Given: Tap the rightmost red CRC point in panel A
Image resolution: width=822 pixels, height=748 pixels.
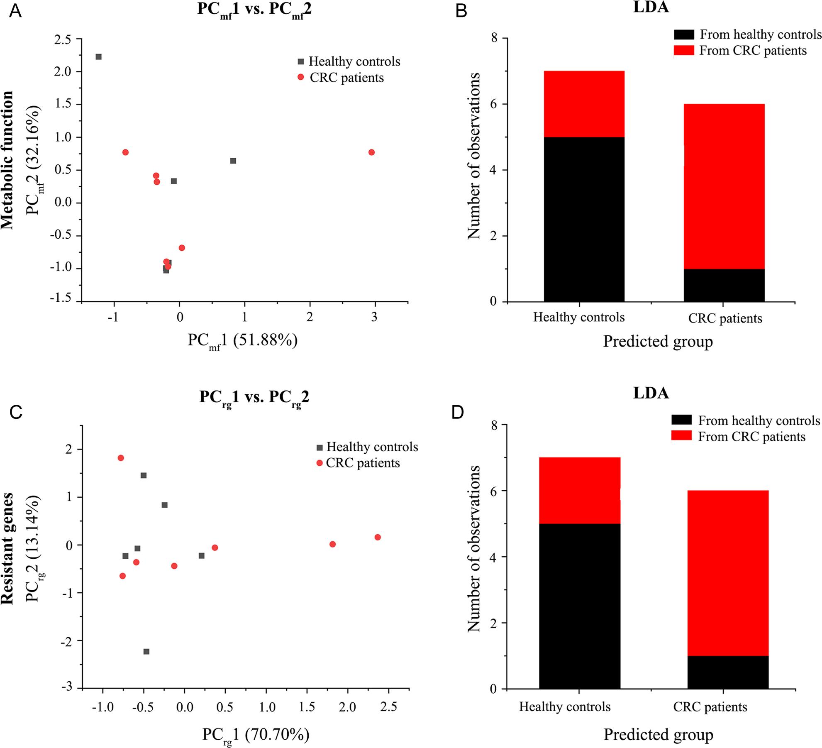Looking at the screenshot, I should click(x=371, y=152).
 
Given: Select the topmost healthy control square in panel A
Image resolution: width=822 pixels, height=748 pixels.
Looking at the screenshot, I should click(x=98, y=57).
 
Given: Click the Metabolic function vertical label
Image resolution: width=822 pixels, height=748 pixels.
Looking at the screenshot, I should click(x=7, y=160).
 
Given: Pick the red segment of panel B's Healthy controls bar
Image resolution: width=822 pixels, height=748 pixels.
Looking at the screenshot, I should click(x=584, y=104).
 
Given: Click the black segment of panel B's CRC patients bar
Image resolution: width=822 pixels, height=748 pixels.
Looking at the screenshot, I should click(x=724, y=285).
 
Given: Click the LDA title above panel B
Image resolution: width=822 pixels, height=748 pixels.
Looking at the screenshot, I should click(x=651, y=7).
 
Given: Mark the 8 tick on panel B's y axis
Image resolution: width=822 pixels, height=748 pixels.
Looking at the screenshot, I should click(x=493, y=38).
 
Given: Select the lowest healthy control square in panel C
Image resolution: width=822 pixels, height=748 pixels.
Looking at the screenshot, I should click(x=146, y=652).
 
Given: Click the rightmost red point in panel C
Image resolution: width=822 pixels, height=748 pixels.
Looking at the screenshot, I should click(x=378, y=537).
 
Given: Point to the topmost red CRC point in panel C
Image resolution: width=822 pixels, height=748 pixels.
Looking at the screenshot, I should click(x=121, y=458).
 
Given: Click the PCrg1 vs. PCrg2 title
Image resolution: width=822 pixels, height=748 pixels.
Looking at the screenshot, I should click(x=254, y=398).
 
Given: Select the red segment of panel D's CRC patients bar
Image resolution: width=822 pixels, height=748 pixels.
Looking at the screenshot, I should click(x=728, y=573).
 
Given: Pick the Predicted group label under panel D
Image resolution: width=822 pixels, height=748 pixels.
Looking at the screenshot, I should click(x=658, y=734).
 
